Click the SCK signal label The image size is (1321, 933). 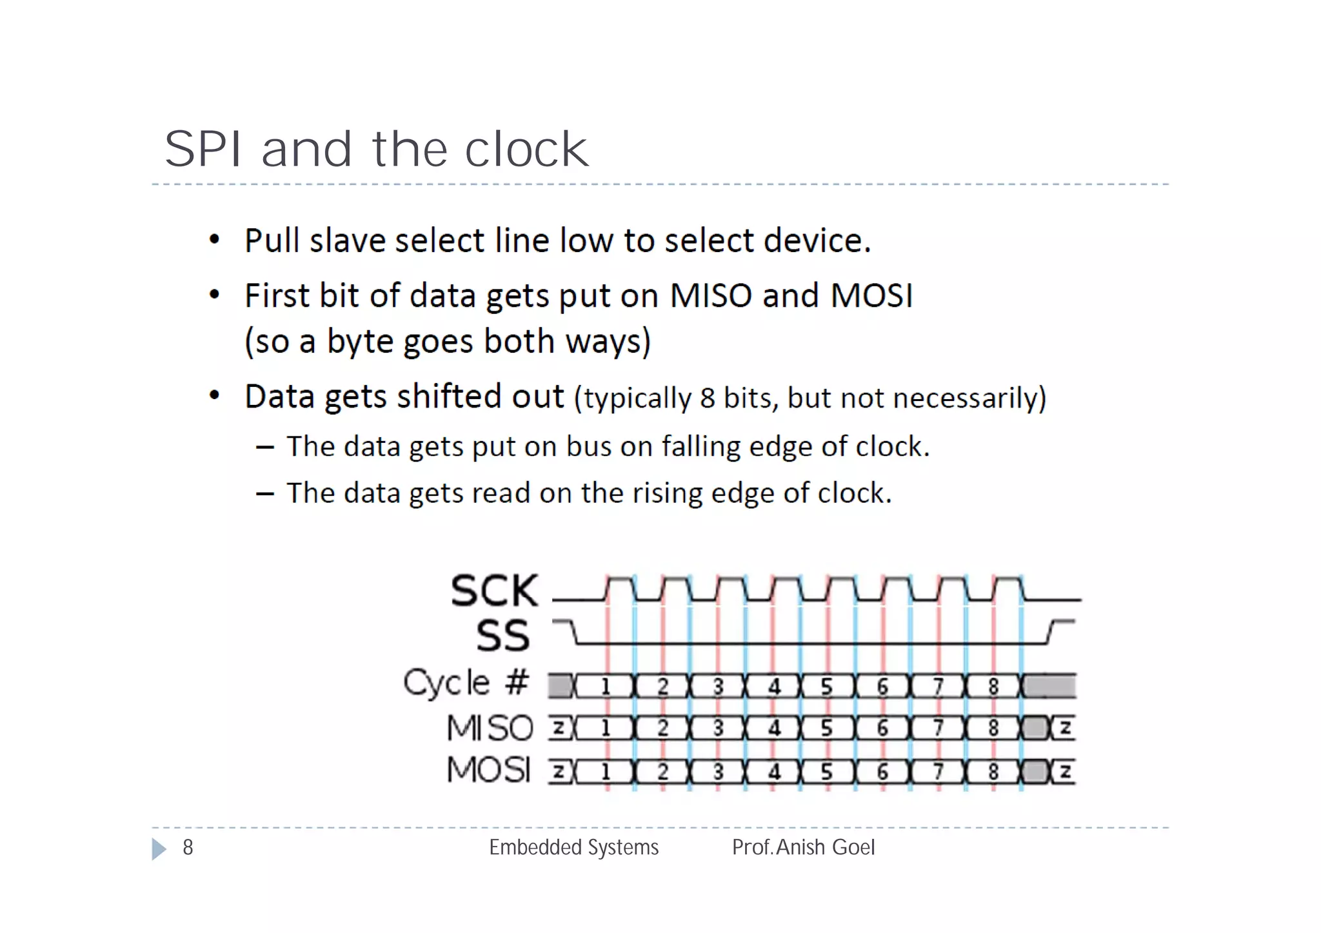click(494, 591)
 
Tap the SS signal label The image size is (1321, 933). click(503, 636)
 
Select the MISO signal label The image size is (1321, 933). click(490, 728)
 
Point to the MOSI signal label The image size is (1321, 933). click(489, 770)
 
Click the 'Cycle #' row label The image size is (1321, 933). click(466, 683)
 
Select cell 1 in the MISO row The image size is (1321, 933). click(605, 729)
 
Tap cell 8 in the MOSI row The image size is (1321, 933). click(993, 772)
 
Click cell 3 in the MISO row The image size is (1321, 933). click(718, 729)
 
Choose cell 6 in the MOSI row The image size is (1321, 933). click(882, 772)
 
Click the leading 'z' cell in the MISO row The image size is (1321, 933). click(559, 729)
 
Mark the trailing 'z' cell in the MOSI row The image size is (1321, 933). click(1065, 772)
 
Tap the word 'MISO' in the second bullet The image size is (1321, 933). click(711, 296)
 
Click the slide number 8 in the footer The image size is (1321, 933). click(188, 847)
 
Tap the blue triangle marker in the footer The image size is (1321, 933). click(158, 849)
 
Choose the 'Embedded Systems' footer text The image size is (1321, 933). click(573, 847)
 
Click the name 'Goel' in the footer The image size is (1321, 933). click(853, 847)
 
